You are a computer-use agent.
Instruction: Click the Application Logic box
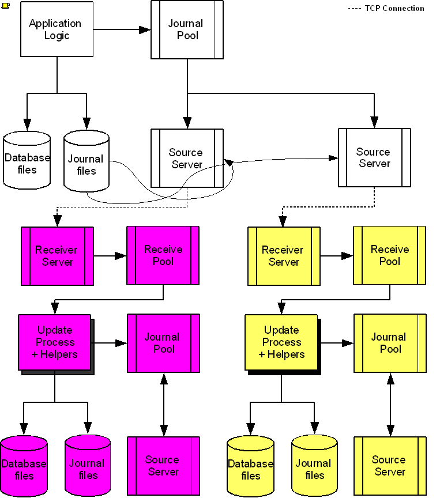click(57, 29)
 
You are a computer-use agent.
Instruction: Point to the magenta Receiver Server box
click(57, 256)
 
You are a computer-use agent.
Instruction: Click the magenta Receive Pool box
click(163, 255)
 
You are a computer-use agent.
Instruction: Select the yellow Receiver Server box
click(284, 256)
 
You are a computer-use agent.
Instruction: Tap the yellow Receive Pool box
click(389, 255)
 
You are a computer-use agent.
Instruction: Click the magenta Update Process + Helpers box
click(54, 342)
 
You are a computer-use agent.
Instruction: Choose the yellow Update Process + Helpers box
click(281, 342)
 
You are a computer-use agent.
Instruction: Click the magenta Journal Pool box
click(163, 343)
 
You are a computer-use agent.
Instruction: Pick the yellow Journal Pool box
click(390, 343)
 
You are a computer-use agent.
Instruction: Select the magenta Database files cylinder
click(24, 467)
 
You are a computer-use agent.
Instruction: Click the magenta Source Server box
click(163, 466)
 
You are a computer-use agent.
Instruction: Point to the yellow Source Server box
click(390, 466)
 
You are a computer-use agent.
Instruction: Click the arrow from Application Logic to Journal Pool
click(122, 29)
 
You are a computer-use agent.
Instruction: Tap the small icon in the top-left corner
click(5, 5)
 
